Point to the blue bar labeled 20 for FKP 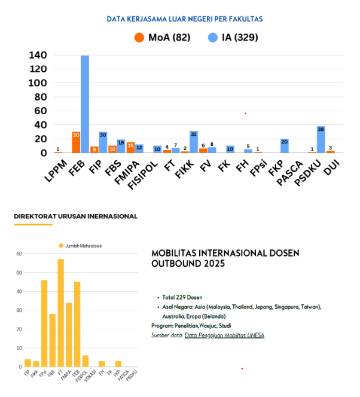(285, 146)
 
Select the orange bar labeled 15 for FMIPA (130, 148)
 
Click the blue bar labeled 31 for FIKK (194, 142)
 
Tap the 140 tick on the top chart (37, 56)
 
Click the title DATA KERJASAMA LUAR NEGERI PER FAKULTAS (184, 19)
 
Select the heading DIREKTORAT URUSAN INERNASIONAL (75, 216)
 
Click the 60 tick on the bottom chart (19, 254)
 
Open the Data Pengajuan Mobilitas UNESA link (224, 335)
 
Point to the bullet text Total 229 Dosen (182, 297)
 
